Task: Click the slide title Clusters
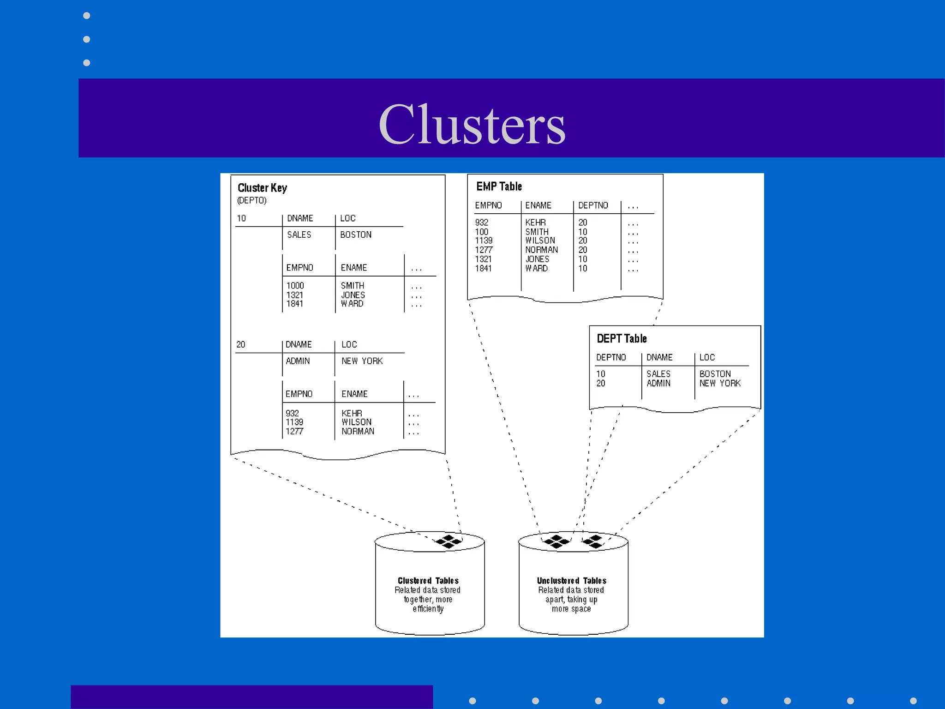click(472, 124)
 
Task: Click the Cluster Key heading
click(262, 188)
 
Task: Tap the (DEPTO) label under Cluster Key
click(251, 200)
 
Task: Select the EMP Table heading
click(499, 186)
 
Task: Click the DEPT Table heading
click(622, 339)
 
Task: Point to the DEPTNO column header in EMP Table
click(593, 205)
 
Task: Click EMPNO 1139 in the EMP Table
click(484, 240)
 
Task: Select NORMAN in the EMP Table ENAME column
click(541, 250)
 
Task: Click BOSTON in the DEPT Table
click(715, 374)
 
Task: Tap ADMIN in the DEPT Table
click(658, 383)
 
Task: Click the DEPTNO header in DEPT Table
click(611, 358)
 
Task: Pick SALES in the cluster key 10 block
click(299, 235)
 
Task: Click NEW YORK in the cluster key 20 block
click(362, 361)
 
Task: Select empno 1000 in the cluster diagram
click(295, 286)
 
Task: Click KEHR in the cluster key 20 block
click(352, 413)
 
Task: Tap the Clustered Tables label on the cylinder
click(428, 581)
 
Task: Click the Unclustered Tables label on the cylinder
click(571, 581)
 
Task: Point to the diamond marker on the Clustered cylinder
click(449, 541)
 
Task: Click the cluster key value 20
click(241, 345)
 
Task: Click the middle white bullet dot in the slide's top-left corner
click(86, 39)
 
